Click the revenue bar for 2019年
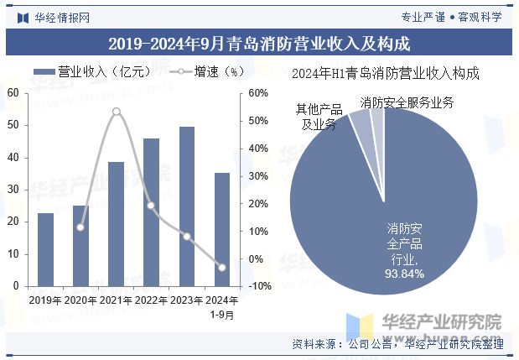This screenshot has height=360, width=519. point(45,250)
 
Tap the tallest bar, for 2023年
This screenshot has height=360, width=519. point(186,206)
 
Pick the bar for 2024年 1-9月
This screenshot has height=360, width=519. point(221,229)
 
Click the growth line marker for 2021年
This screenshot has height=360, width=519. point(116,112)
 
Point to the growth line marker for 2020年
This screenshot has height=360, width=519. point(80,227)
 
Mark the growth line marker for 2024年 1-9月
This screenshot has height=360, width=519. point(221,268)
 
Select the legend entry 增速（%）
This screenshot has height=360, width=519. point(205,72)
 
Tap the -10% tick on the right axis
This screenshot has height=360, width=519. point(259,286)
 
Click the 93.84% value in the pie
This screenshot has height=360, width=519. point(404,274)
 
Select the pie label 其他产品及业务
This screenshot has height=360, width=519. point(319,117)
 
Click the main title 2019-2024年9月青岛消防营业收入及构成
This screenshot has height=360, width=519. point(259,41)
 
